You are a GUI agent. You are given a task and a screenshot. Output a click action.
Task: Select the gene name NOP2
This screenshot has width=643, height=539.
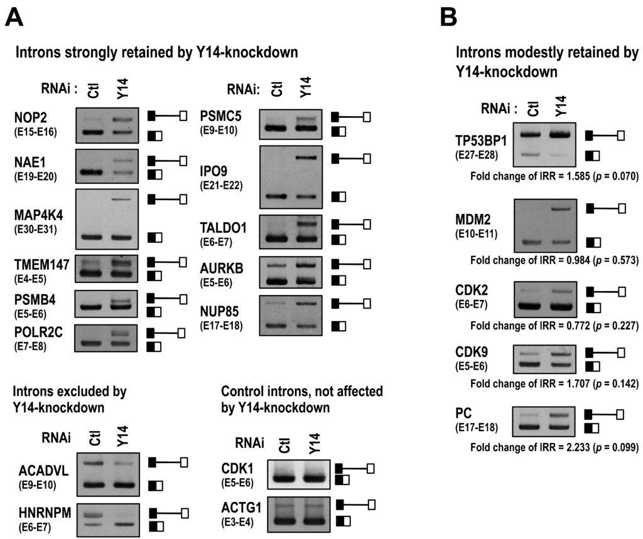click(31, 116)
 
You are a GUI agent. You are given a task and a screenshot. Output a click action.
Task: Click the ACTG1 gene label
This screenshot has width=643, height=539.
click(242, 506)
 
